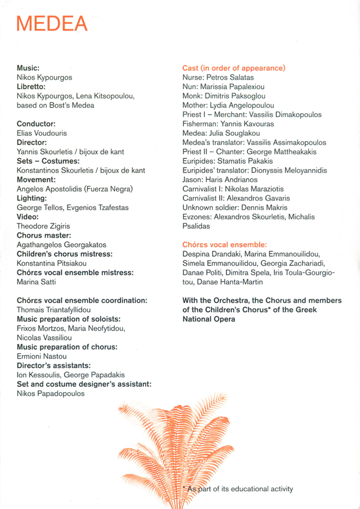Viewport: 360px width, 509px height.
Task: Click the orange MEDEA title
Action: (x=52, y=23)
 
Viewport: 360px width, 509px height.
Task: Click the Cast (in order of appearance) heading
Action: (x=234, y=68)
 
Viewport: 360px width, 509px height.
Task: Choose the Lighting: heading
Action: (x=32, y=199)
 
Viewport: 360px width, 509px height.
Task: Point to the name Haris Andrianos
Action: (x=233, y=179)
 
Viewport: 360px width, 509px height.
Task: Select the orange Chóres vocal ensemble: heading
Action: (x=224, y=244)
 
